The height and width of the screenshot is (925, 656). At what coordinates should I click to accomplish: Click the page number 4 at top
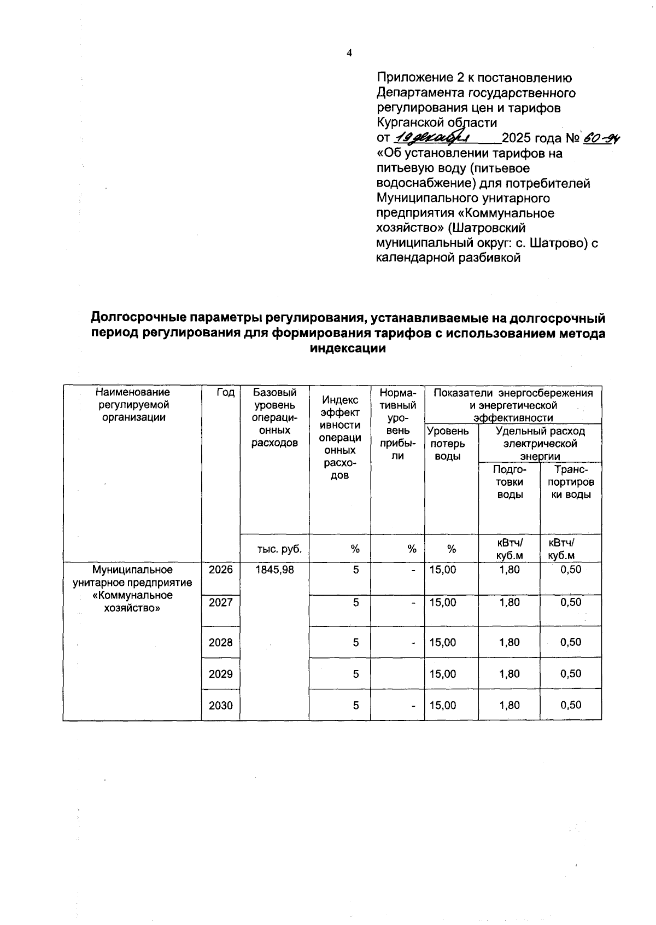tap(349, 53)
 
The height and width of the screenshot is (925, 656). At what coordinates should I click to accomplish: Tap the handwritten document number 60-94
tap(603, 138)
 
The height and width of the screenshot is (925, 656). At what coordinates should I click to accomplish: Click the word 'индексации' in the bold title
tap(348, 348)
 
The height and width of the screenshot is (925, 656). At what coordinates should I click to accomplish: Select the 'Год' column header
tap(225, 392)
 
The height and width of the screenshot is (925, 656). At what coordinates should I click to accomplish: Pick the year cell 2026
tap(221, 569)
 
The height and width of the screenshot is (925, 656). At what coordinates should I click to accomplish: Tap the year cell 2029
tap(221, 674)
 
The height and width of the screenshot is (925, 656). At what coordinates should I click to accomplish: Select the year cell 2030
tap(221, 706)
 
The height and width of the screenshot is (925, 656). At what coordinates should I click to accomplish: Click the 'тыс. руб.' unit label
tap(279, 549)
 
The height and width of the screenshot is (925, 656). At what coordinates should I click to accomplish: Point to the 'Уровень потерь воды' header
tap(447, 444)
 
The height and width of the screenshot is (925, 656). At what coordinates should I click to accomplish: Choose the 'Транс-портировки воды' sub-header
tap(571, 482)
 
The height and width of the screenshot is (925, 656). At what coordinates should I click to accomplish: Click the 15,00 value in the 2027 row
tap(443, 602)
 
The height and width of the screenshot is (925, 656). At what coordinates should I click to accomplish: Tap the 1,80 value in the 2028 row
tap(509, 642)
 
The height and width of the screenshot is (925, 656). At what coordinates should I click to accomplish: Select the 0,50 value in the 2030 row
tap(571, 706)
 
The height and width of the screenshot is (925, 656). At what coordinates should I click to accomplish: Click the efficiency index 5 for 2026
tap(356, 569)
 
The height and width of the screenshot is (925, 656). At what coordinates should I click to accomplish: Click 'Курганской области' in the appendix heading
tap(437, 123)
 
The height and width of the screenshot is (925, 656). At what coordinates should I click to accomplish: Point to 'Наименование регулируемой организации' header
tap(132, 405)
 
